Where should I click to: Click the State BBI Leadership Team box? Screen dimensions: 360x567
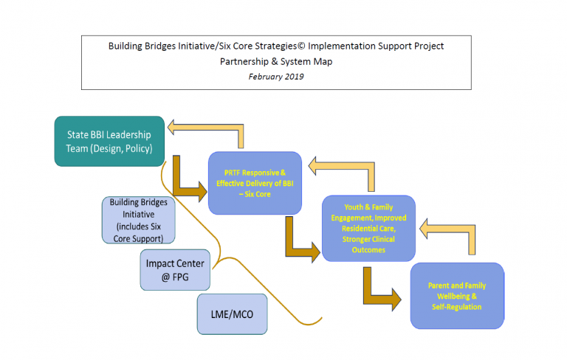coord(109,140)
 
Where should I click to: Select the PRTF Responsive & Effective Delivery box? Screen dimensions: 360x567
coord(255,183)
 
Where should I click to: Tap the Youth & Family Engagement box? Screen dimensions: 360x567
coord(368,228)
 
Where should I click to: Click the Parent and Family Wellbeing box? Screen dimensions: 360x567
coord(457,295)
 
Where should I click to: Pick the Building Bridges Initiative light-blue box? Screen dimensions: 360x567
coord(139,220)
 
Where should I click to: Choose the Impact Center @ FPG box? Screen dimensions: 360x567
coord(176,269)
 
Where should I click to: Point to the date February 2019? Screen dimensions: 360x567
coord(275,77)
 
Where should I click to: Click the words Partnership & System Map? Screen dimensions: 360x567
coord(275,61)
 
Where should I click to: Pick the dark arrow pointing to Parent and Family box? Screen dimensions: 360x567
coord(379,290)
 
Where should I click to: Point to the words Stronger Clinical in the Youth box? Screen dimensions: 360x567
coord(368,238)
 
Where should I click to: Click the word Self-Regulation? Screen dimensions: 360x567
coord(457,306)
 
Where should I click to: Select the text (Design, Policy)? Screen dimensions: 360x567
coord(126,148)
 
